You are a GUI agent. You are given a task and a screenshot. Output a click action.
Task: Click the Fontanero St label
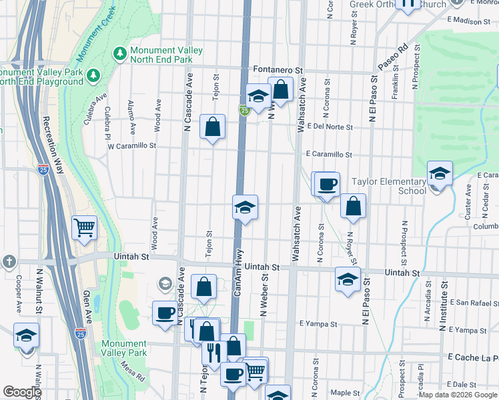point(279,69)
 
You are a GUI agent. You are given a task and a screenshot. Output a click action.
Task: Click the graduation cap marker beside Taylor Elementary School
point(440,175)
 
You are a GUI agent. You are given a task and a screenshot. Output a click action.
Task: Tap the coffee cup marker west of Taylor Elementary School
point(326,184)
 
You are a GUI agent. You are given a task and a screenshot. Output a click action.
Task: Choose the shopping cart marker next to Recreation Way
point(85,227)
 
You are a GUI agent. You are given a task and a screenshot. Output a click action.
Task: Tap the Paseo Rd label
point(392,59)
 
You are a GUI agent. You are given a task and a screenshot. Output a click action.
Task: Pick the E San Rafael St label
point(469,302)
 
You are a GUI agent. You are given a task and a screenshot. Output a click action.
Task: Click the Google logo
point(22,392)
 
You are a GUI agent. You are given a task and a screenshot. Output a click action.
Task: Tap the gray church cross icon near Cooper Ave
point(7,261)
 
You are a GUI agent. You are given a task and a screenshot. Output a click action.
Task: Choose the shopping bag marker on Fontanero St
point(281,89)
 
